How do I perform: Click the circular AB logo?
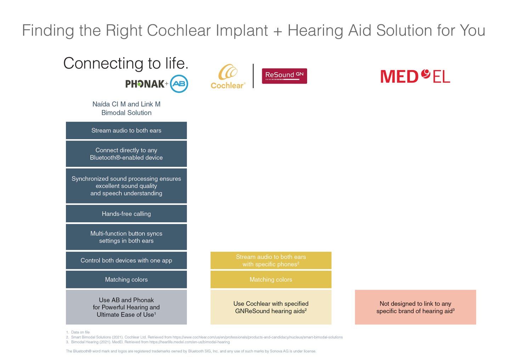click(x=179, y=84)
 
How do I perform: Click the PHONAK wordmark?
click(x=144, y=84)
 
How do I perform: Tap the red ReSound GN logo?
click(x=284, y=76)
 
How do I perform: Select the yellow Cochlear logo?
click(x=228, y=77)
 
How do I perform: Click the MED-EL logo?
click(x=415, y=76)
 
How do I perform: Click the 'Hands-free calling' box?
click(x=126, y=214)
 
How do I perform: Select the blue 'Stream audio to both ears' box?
click(x=126, y=130)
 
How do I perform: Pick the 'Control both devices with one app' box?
click(x=126, y=260)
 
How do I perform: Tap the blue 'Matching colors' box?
click(x=126, y=280)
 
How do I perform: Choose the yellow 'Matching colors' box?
click(x=271, y=280)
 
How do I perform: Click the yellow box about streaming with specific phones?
click(x=271, y=260)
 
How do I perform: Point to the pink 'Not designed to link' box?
click(x=415, y=307)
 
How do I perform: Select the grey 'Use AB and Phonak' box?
click(x=126, y=307)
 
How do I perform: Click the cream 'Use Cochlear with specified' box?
click(x=271, y=307)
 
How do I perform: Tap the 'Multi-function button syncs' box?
click(x=126, y=237)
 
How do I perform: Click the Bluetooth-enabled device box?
click(x=126, y=154)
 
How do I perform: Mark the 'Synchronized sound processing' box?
click(x=126, y=186)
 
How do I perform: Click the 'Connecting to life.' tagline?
click(x=126, y=63)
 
